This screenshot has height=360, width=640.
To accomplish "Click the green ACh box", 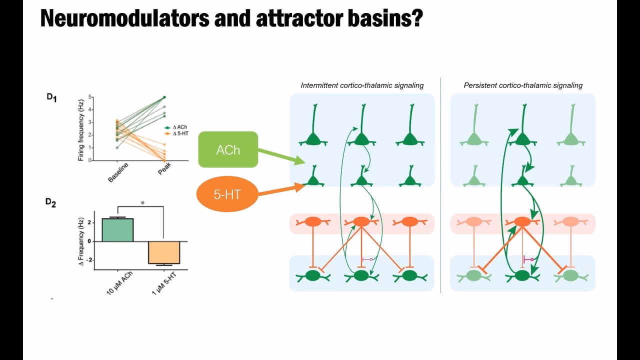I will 228,149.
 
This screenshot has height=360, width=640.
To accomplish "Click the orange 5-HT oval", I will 227,194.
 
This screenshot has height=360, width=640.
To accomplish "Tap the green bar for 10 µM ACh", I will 117,230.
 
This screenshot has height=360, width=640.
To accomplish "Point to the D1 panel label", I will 51,98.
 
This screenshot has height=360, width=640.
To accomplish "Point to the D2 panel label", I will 50,202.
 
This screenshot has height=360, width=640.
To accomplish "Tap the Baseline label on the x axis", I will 118,172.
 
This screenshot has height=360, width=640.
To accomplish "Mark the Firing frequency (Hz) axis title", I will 80,128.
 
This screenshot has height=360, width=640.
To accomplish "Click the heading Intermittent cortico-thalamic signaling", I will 362,85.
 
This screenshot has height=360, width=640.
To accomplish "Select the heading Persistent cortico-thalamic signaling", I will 523,85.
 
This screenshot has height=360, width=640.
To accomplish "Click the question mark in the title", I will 417,18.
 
